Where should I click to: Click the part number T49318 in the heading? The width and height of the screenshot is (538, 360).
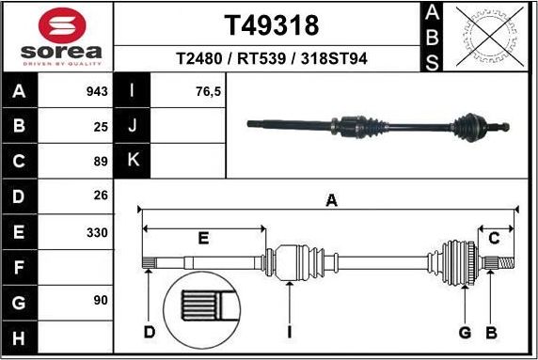pyautogui.click(x=271, y=24)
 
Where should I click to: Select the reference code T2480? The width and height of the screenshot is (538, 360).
pyautogui.click(x=198, y=58)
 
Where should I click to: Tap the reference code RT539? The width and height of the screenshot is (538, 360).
pyautogui.click(x=260, y=58)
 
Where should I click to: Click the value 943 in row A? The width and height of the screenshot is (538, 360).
pyautogui.click(x=96, y=92)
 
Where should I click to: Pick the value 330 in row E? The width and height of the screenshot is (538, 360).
pyautogui.click(x=96, y=231)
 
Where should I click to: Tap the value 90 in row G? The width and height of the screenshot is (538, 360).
pyautogui.click(x=100, y=301)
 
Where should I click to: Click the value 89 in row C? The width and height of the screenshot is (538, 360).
pyautogui.click(x=100, y=162)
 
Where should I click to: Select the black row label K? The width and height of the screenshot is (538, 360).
pyautogui.click(x=133, y=161)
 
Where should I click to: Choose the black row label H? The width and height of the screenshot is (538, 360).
pyautogui.click(x=19, y=337)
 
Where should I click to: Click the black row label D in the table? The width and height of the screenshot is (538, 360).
pyautogui.click(x=19, y=196)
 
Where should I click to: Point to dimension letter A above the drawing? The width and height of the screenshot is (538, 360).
pyautogui.click(x=330, y=199)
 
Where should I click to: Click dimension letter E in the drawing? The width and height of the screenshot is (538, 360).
pyautogui.click(x=202, y=238)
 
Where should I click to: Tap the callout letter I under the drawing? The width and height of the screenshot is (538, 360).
pyautogui.click(x=290, y=332)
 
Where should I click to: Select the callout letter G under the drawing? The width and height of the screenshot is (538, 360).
pyautogui.click(x=465, y=332)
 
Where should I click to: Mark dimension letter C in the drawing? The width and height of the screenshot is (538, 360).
pyautogui.click(x=494, y=238)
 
